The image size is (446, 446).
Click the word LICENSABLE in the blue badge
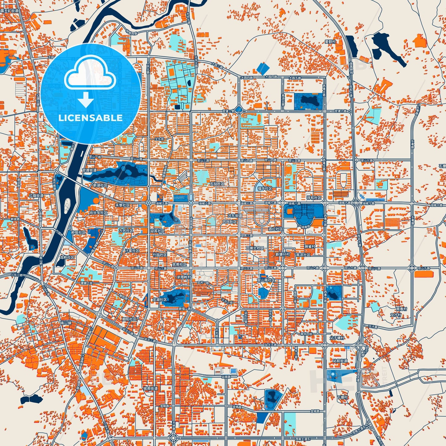pos(90,118)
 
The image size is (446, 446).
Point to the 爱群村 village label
pos(330,42)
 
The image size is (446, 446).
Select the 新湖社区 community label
pos(100,185)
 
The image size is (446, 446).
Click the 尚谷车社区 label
pos(98,213)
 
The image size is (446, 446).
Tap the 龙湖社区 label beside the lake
pos(159,300)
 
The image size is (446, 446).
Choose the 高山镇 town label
pos(66,323)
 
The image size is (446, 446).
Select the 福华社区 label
pos(265,189)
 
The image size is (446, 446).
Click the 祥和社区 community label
pos(314,198)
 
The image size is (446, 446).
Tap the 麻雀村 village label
pos(310,247)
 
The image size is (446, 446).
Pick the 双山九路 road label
pos(422,268)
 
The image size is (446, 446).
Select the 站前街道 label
pos(340,361)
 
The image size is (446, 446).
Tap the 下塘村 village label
pos(342,397)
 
